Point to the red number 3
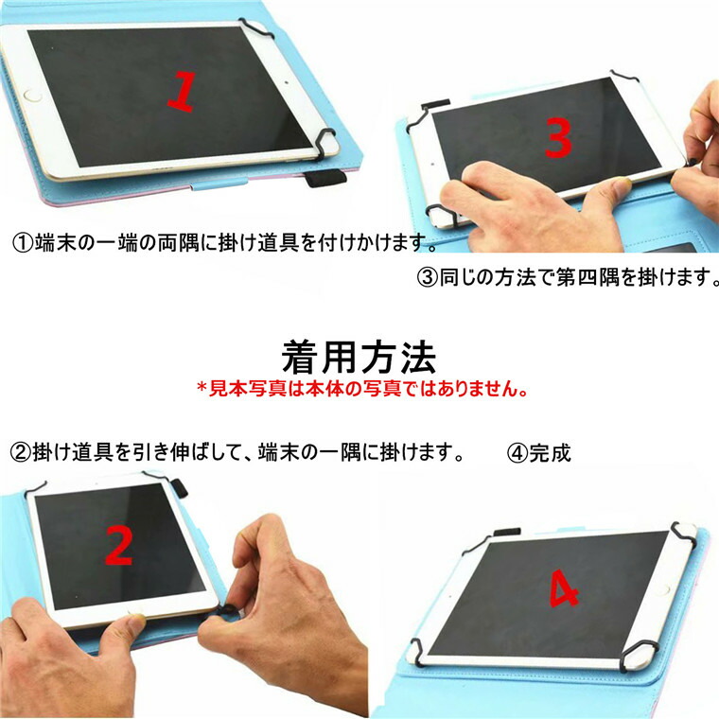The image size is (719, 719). [558, 139]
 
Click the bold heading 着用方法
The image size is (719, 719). [359, 357]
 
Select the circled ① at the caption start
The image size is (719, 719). [22, 243]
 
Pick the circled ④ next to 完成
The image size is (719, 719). [517, 452]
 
